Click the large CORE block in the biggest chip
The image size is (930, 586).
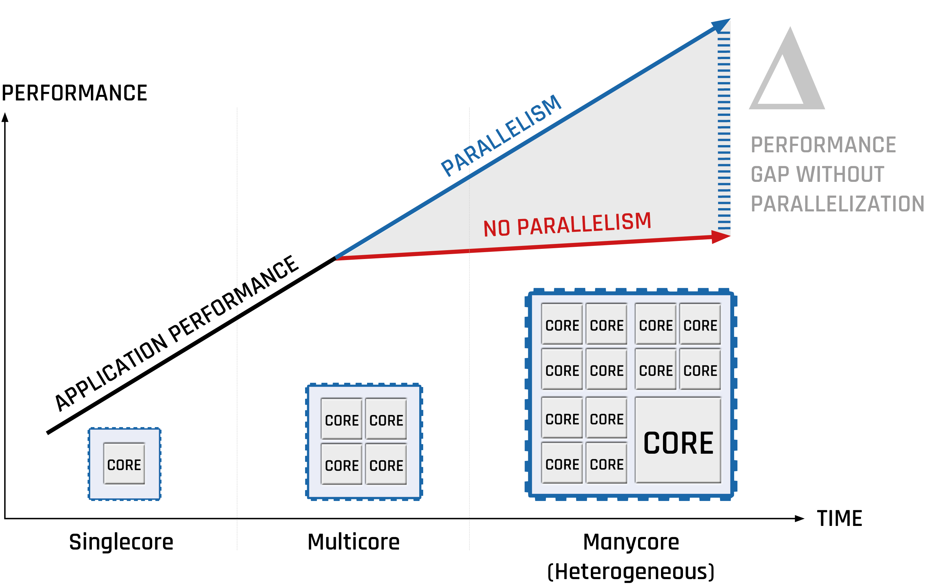click(678, 440)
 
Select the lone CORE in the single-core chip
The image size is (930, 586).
click(124, 464)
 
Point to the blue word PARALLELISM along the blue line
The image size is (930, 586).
click(501, 135)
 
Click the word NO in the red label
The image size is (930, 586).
click(497, 228)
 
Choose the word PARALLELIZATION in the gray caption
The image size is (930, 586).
click(837, 204)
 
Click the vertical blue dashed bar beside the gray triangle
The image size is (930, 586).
click(724, 131)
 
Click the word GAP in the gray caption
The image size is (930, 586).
click(770, 174)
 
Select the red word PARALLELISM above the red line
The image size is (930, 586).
click(584, 224)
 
